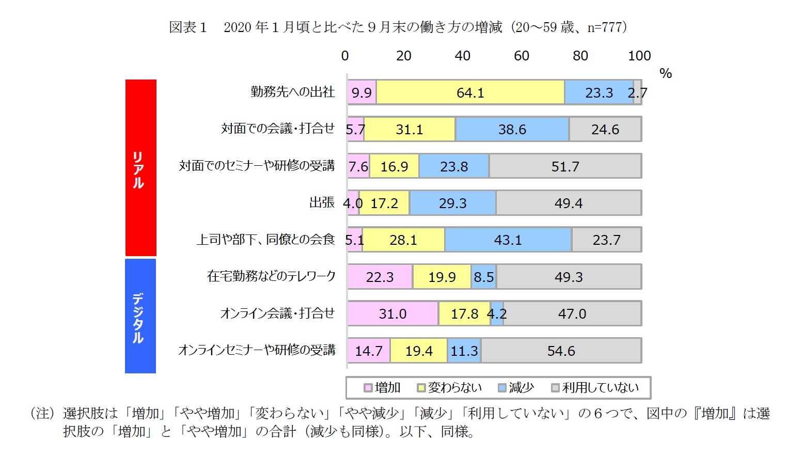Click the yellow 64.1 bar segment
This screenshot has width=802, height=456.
point(470,92)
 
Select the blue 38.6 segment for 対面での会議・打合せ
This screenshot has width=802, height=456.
point(512,129)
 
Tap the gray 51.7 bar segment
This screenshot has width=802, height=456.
point(565,166)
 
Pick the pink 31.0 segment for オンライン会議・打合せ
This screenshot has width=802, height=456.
point(392,313)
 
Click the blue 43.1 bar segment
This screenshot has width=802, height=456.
point(508,240)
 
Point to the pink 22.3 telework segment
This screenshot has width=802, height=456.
point(380,277)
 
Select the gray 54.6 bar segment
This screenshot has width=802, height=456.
point(561,351)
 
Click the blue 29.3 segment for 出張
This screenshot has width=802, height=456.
point(452,203)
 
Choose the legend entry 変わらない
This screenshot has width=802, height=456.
point(449,388)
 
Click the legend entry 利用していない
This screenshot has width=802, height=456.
point(595,388)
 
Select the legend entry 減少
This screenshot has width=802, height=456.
point(516,388)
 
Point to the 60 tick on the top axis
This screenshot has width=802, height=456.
point(521,56)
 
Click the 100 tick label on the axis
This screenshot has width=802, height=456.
point(639,56)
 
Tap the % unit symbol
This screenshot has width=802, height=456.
point(666,73)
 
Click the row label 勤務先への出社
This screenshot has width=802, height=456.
point(293,92)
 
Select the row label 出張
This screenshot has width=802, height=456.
point(322,202)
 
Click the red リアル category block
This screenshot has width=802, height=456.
point(140,168)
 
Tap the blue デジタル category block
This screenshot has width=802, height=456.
point(140,316)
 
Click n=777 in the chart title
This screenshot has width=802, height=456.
point(605,27)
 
